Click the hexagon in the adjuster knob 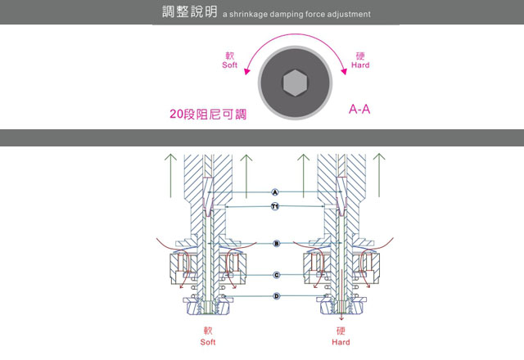(x=295, y=83)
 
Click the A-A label (x=359, y=109)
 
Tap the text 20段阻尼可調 (x=208, y=115)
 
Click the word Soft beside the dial (x=229, y=65)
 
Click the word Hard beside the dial (x=360, y=65)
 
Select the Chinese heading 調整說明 (x=189, y=14)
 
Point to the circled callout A (x=276, y=191)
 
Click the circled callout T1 (x=276, y=207)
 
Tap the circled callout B (x=276, y=244)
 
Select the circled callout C (x=276, y=275)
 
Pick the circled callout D (x=276, y=295)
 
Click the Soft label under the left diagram (x=208, y=342)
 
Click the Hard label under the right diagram (x=341, y=342)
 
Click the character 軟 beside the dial (x=229, y=56)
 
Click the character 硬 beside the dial (x=360, y=56)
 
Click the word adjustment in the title (x=345, y=15)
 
